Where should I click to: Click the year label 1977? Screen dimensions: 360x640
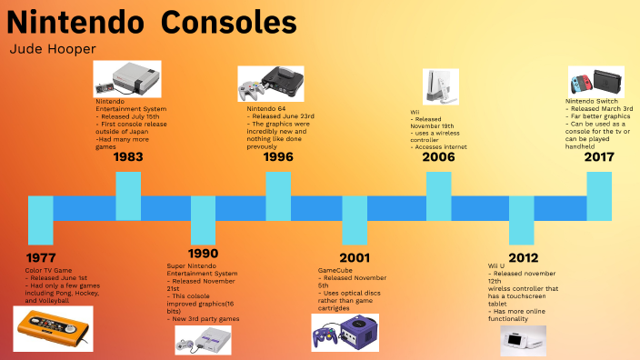click(x=41, y=258)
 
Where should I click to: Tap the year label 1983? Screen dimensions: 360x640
click(x=129, y=157)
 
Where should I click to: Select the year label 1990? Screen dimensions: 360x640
click(x=204, y=253)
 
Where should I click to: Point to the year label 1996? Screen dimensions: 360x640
click(x=278, y=157)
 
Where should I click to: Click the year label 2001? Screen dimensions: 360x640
click(x=355, y=257)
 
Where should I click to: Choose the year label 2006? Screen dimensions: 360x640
click(x=438, y=157)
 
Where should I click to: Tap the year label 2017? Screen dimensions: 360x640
click(x=598, y=157)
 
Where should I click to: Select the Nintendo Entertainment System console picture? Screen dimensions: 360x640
click(x=127, y=79)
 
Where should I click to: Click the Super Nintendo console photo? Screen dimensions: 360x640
click(x=203, y=340)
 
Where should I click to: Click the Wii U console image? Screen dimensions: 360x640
click(x=525, y=341)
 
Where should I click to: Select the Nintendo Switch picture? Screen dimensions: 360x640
click(x=595, y=79)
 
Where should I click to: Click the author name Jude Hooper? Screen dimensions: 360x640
click(x=52, y=48)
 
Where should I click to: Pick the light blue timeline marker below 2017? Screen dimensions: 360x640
click(x=598, y=195)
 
